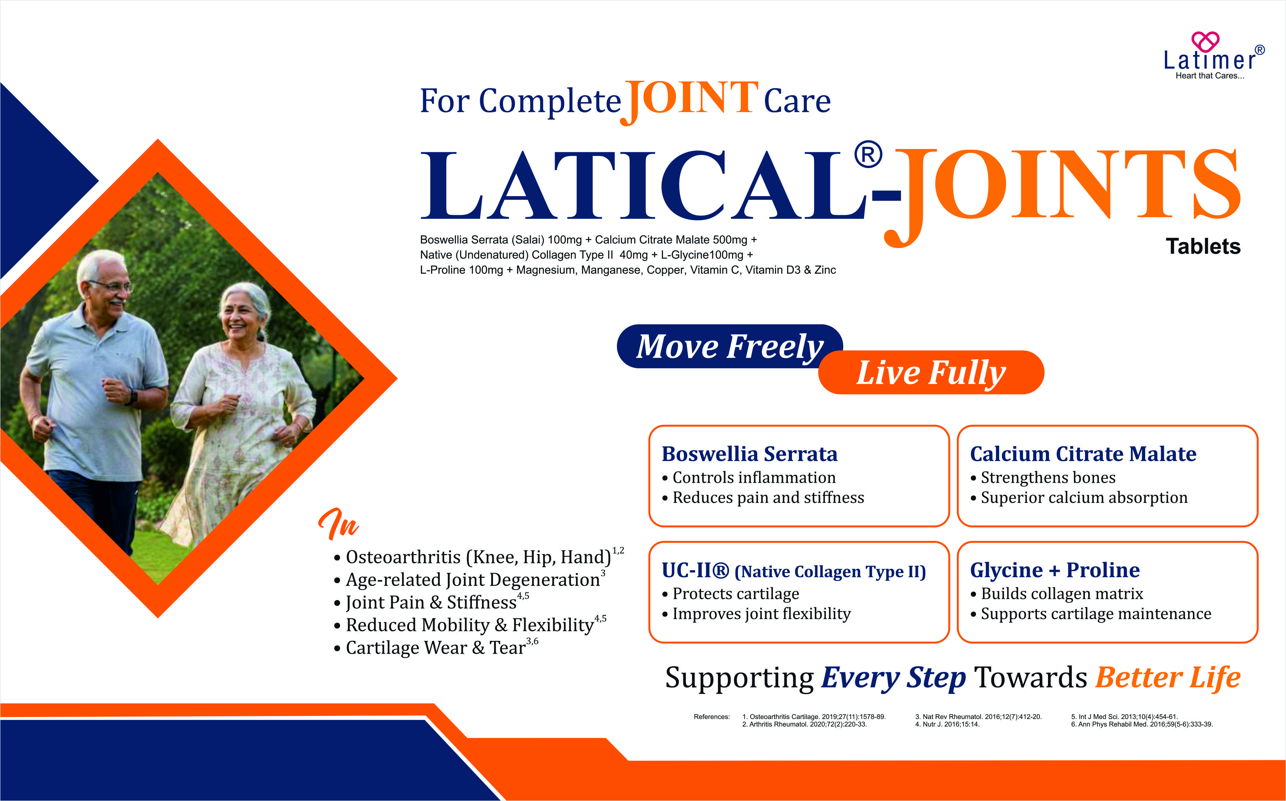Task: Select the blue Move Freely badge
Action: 729,347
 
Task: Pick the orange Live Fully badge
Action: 931,372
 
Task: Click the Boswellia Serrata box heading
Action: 749,454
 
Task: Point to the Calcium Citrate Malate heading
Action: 1083,454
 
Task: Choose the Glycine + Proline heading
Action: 1055,570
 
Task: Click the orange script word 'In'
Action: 339,523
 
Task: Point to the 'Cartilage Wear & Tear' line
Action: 436,647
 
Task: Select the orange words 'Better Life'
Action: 1168,678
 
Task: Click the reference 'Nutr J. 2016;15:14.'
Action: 947,724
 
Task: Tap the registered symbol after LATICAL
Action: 868,155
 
